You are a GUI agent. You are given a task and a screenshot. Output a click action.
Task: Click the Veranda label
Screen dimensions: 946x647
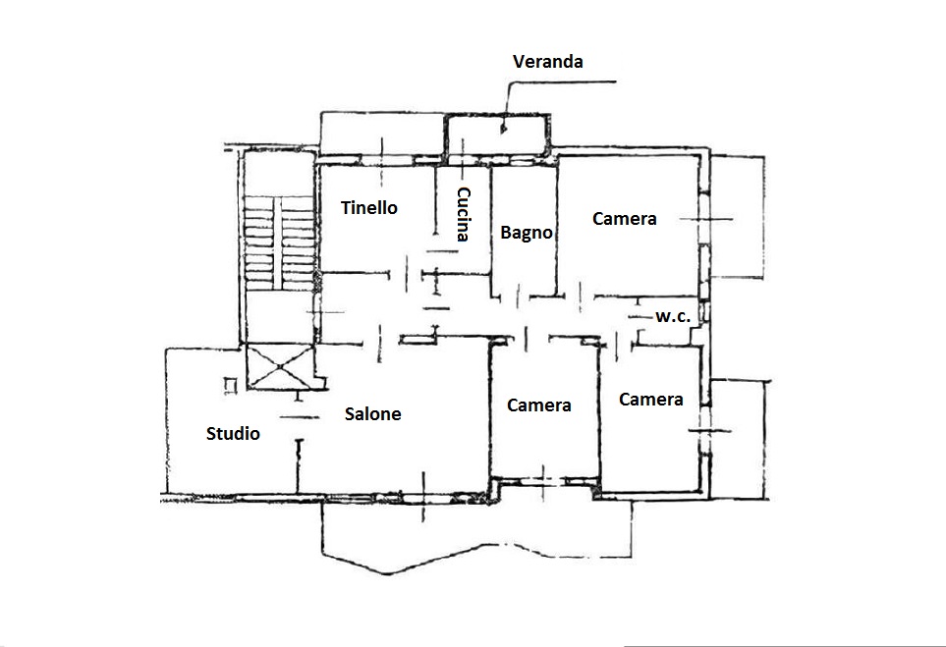(x=548, y=62)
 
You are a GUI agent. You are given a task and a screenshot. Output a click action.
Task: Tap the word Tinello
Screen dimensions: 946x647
(x=369, y=208)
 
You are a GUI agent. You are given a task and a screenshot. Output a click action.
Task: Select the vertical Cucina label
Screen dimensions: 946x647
(x=463, y=214)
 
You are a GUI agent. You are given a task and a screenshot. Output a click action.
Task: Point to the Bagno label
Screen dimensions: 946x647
(x=527, y=233)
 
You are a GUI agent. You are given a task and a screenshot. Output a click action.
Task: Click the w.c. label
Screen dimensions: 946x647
(x=673, y=316)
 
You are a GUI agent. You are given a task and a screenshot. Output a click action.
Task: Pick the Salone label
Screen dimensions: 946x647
(x=373, y=414)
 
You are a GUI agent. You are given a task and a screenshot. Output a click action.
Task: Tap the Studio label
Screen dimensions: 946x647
(x=233, y=434)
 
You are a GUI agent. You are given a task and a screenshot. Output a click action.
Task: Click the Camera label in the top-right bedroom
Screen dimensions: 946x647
(x=625, y=219)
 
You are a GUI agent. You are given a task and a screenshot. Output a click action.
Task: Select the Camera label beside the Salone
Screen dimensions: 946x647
(x=538, y=405)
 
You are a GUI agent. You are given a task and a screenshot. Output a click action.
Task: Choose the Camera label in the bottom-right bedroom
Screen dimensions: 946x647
(x=651, y=400)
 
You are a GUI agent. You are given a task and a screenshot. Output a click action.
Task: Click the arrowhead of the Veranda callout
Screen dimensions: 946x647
(x=503, y=128)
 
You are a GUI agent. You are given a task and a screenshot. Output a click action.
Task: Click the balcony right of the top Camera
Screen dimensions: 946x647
(x=738, y=217)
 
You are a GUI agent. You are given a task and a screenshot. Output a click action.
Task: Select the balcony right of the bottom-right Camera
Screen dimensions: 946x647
(x=740, y=440)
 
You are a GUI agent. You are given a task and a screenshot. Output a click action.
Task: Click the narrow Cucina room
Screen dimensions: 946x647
(x=463, y=220)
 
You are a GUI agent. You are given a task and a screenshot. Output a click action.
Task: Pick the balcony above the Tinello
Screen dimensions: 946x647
(x=382, y=134)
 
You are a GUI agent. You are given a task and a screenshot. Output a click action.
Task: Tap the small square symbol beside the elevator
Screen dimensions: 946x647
(x=230, y=385)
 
